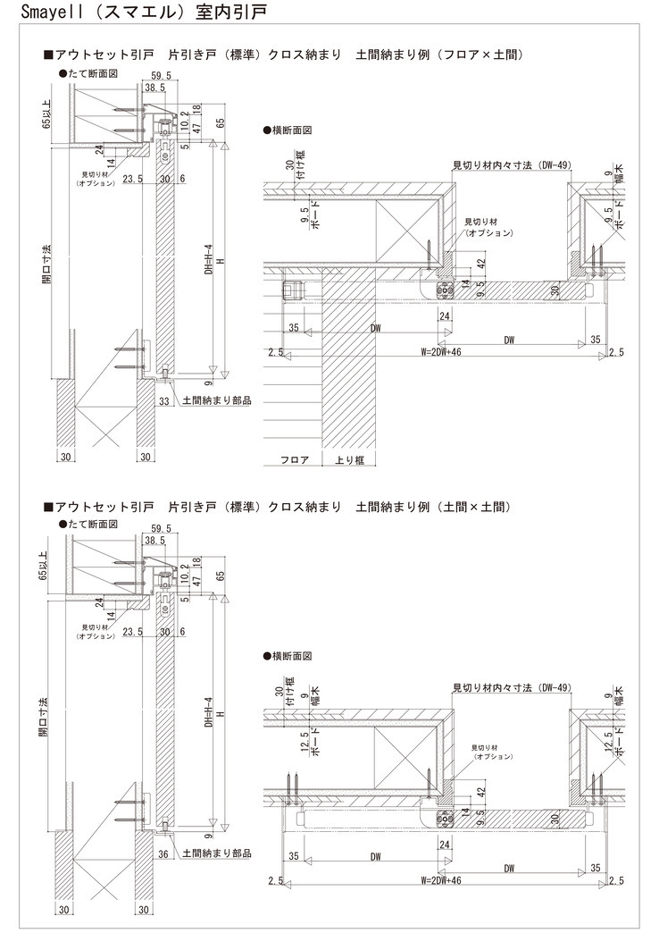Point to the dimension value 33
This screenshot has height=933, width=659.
(163, 401)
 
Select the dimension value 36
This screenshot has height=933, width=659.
(163, 853)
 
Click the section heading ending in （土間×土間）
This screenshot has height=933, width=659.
(283, 508)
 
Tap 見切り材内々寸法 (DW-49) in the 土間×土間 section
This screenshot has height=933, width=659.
(510, 687)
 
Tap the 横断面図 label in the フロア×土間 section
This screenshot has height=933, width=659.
(290, 130)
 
